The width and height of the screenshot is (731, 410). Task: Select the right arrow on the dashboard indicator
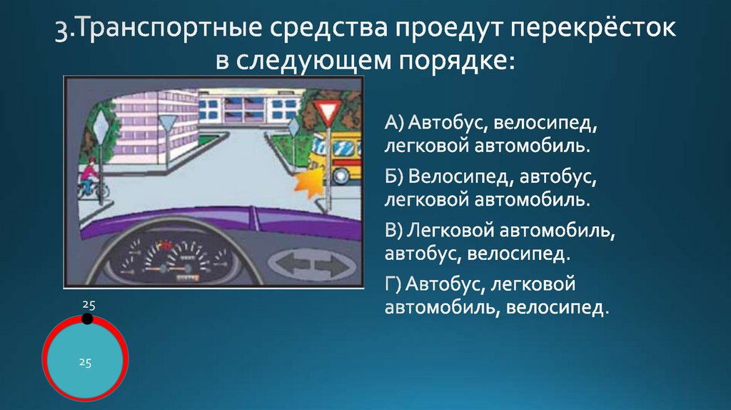[329, 266]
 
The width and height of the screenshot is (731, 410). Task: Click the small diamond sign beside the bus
[293, 126]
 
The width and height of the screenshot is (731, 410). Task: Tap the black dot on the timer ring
[86, 319]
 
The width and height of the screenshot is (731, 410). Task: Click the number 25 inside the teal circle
[85, 362]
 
